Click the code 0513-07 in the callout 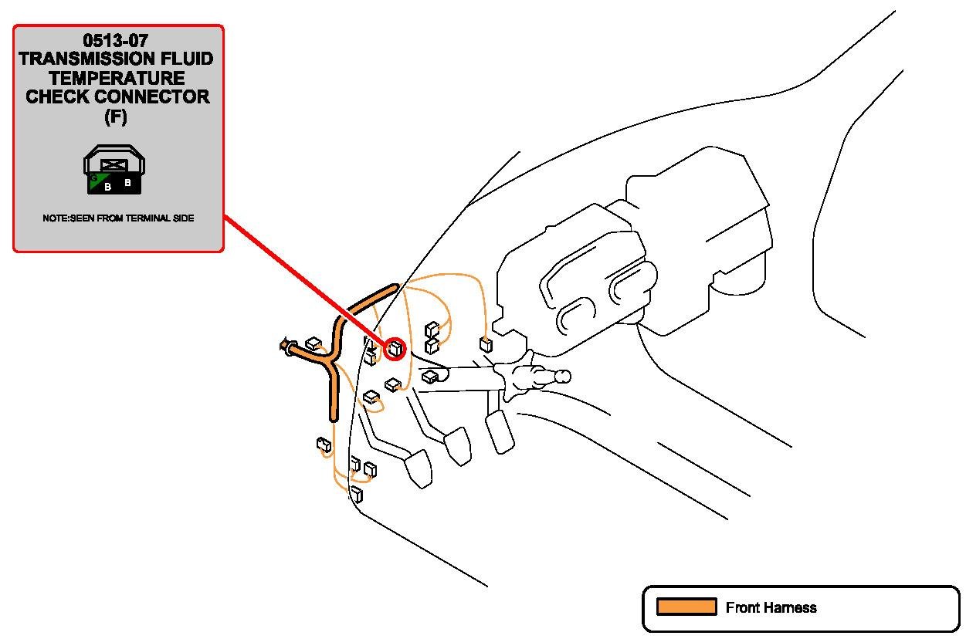coord(118,40)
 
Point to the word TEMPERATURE coord(118,78)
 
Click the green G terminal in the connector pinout coord(94,180)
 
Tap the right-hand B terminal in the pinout coord(128,184)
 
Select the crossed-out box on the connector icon coord(114,164)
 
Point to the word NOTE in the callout coord(56,218)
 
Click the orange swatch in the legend coord(686,607)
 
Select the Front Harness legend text coord(771,608)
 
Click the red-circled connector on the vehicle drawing coord(395,348)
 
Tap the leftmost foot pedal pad coord(419,468)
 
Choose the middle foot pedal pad coord(457,446)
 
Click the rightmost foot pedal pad coord(500,431)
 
